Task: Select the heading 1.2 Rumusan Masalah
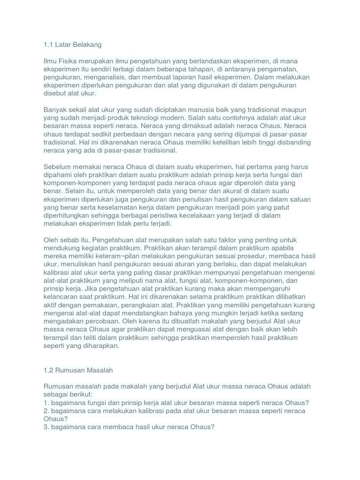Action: point(78,370)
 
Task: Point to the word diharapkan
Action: point(100,345)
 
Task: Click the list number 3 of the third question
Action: point(45,427)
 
